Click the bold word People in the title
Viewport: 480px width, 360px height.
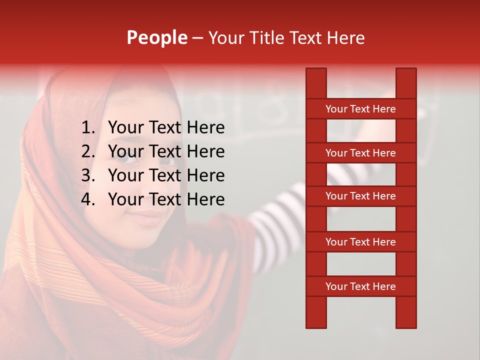click(156, 37)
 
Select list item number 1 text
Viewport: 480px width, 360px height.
click(166, 128)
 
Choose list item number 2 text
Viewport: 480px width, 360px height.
click(166, 151)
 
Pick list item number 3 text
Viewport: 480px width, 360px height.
click(166, 175)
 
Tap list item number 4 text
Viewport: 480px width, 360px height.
click(166, 199)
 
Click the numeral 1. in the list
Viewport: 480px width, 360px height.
click(88, 128)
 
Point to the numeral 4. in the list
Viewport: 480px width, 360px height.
click(88, 199)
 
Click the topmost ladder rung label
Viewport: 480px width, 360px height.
click(360, 109)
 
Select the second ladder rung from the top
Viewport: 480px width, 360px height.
click(360, 153)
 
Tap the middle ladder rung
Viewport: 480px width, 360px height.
click(360, 196)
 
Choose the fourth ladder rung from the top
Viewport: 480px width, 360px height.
click(360, 242)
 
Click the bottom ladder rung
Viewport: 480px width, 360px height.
click(360, 286)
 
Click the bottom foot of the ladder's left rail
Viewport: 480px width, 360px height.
click(316, 324)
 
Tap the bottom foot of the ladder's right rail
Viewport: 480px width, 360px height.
click(406, 324)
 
